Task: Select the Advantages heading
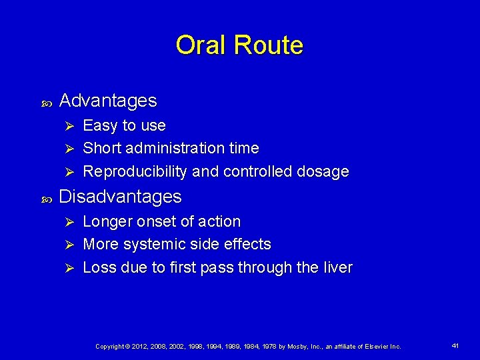[108, 101]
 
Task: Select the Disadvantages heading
[120, 197]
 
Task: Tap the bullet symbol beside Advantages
[47, 103]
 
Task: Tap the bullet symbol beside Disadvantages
[47, 199]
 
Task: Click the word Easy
[100, 126]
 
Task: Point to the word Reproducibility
[135, 172]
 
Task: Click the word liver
[337, 268]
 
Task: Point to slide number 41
[455, 346]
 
